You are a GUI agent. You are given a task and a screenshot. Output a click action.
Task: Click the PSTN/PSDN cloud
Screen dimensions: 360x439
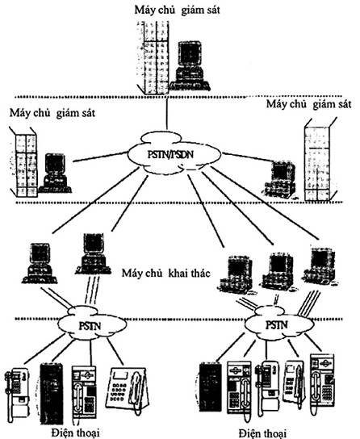click(x=174, y=153)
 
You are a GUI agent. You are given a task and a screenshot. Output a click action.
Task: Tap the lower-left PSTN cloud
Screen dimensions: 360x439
click(x=92, y=324)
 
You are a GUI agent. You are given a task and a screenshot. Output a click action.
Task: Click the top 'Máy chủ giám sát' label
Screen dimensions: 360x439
click(x=178, y=10)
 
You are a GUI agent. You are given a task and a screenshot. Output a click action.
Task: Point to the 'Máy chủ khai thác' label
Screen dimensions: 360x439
click(x=165, y=273)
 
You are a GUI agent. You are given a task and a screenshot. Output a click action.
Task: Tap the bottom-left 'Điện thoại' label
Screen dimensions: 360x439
click(x=76, y=433)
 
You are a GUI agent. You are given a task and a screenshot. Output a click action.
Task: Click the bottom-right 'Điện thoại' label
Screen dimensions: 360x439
click(x=262, y=433)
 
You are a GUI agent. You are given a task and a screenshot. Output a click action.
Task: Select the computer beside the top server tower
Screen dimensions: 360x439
click(x=190, y=66)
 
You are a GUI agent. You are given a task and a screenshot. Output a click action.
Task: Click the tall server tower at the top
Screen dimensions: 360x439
click(x=153, y=57)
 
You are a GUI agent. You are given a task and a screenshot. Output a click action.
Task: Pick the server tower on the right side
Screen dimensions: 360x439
click(x=319, y=160)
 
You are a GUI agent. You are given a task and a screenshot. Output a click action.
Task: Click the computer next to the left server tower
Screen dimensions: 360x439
click(x=55, y=173)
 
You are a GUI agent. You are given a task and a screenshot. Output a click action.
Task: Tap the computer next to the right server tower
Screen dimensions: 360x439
click(x=280, y=179)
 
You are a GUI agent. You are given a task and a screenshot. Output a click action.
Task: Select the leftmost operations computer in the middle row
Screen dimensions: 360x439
click(x=40, y=263)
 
